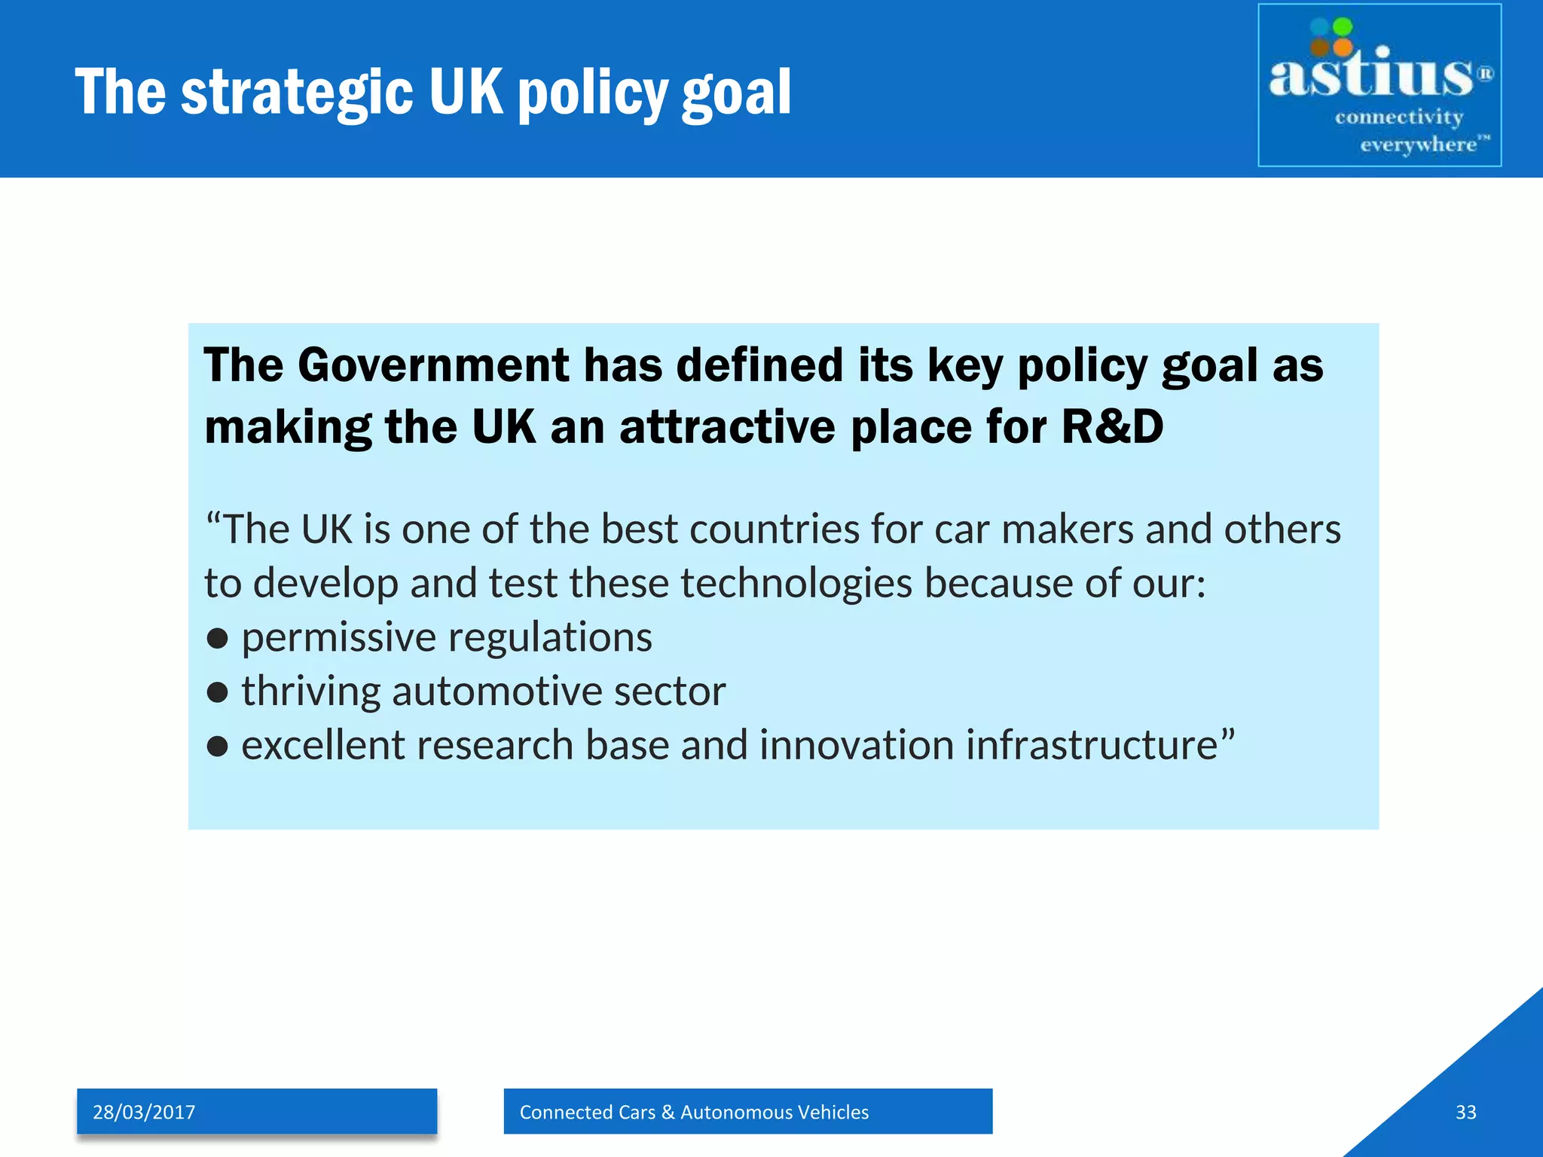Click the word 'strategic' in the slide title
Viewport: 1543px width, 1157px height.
[x=297, y=92]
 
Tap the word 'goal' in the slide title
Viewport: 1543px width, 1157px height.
[x=736, y=92]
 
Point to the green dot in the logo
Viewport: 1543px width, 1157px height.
[x=1343, y=27]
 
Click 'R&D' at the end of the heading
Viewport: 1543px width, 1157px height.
[x=1112, y=427]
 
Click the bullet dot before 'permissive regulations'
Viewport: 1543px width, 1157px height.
[x=217, y=639]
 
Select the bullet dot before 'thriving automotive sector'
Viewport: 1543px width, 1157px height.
[x=217, y=692]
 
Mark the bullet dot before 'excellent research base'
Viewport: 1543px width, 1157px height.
[x=217, y=746]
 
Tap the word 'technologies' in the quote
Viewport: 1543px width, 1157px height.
[x=796, y=584]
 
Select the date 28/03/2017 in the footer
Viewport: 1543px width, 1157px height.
[x=144, y=1112]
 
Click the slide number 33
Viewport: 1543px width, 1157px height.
[x=1465, y=1112]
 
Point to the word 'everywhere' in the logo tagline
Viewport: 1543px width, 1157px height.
[x=1418, y=144]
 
